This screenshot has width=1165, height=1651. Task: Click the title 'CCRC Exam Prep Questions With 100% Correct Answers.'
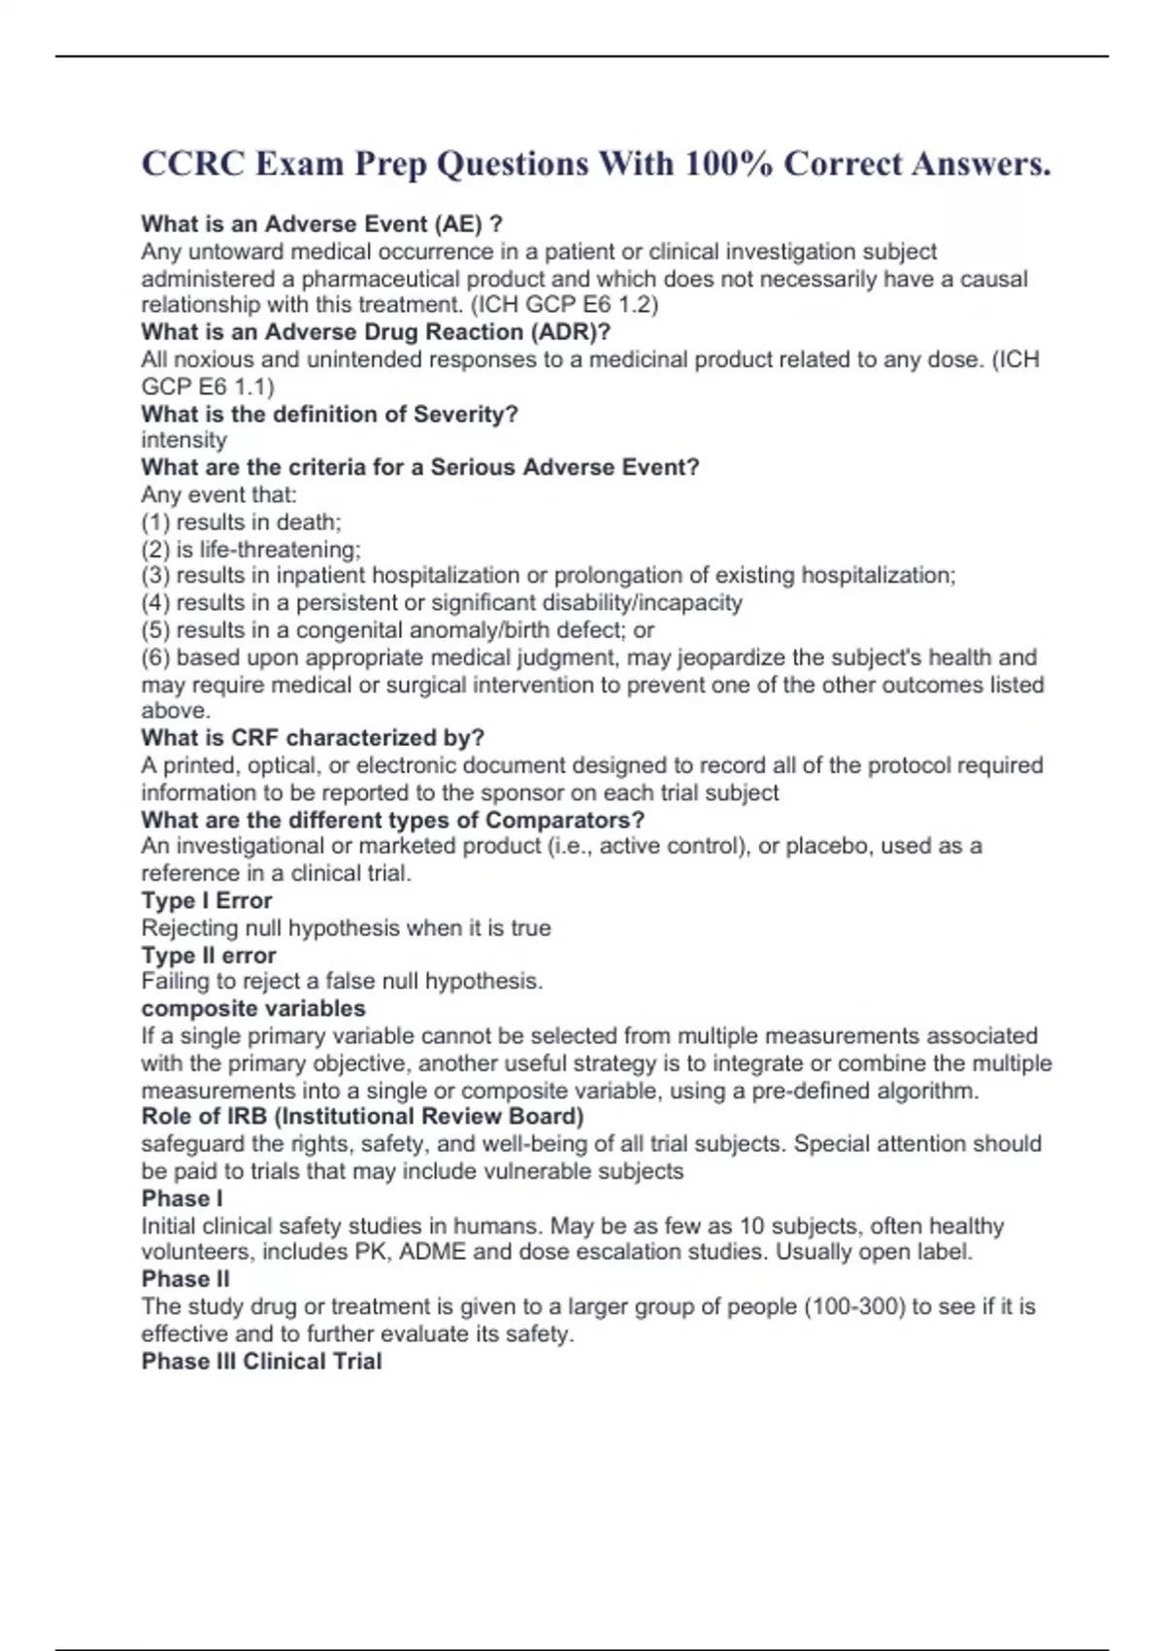[x=595, y=164]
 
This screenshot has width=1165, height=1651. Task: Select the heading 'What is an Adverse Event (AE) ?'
[x=321, y=224]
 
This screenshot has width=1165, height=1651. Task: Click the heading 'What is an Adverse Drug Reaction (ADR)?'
[x=376, y=332]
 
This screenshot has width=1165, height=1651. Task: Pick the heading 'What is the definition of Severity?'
[x=329, y=415]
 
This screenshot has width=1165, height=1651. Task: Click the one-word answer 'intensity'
[x=183, y=440]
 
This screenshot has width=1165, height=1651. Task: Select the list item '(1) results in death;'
[x=241, y=522]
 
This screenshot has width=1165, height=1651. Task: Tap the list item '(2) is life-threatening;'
[x=250, y=550]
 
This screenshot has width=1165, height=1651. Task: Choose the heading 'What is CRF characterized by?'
[x=313, y=738]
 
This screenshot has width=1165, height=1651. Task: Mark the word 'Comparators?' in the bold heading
[x=565, y=821]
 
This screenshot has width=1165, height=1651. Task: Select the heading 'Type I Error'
[x=207, y=901]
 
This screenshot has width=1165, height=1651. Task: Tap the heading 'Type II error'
[x=209, y=956]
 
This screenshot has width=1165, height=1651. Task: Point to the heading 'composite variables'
[x=253, y=1009]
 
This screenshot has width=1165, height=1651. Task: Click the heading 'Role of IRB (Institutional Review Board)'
[x=362, y=1117]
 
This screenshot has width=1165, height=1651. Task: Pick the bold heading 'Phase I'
[x=182, y=1198]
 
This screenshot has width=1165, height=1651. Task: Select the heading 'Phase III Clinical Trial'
[x=261, y=1362]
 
